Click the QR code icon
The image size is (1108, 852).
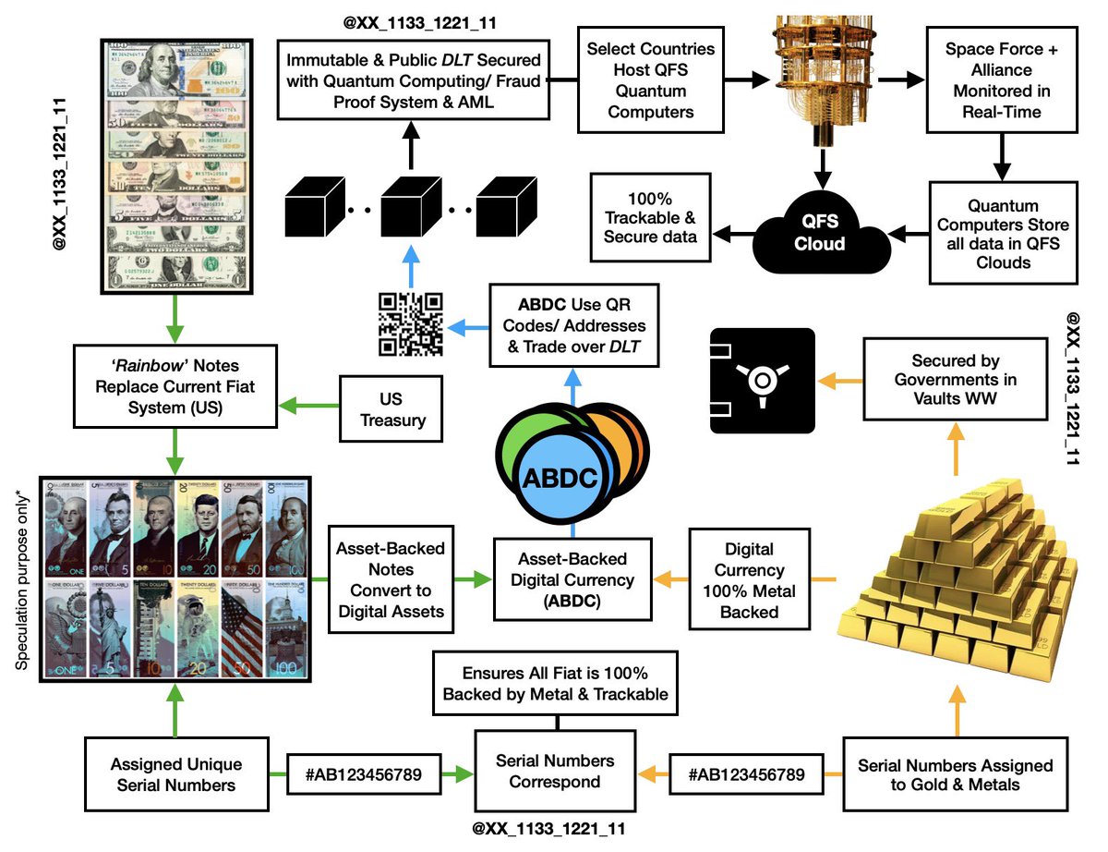pos(411,324)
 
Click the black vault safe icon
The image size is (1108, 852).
pos(762,381)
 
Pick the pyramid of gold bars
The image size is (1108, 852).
pos(950,564)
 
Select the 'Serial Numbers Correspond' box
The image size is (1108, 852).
pos(555,771)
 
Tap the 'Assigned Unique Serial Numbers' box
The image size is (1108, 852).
pos(175,774)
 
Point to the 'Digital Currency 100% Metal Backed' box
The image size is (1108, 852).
pos(750,580)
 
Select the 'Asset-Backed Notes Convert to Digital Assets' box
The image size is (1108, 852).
pos(390,579)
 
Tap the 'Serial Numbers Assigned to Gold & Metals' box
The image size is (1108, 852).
pos(955,775)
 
